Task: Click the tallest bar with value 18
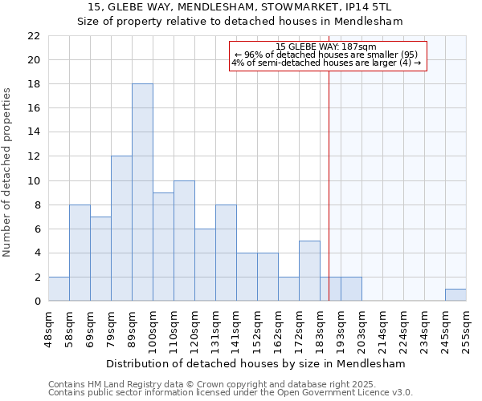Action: coord(142,192)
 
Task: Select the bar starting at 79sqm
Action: coord(121,229)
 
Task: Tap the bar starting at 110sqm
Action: coord(184,241)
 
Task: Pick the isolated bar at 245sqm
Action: coord(455,295)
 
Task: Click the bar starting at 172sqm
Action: coord(309,271)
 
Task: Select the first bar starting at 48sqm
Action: coord(59,289)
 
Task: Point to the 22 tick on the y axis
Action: coord(34,36)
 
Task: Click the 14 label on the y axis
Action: coord(34,132)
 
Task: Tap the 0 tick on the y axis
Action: coord(37,302)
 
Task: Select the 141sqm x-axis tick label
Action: coord(237,328)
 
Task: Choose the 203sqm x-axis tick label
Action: coord(362,328)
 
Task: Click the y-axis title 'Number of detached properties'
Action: coord(8,172)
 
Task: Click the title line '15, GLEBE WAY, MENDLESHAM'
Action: coord(239,8)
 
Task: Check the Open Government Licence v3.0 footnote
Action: coord(231,393)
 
